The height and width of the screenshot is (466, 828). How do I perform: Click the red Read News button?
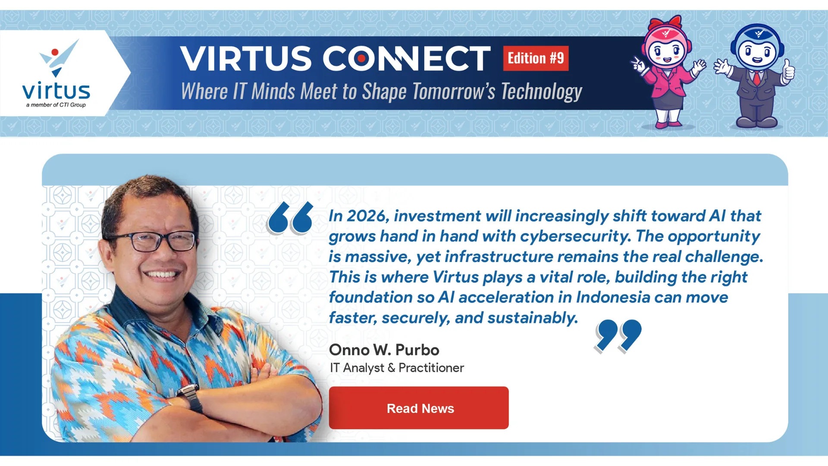click(419, 408)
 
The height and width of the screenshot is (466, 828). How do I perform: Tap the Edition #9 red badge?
click(536, 58)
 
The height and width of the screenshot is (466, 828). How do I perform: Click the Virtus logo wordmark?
click(56, 91)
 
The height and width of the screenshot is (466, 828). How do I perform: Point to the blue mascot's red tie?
click(757, 78)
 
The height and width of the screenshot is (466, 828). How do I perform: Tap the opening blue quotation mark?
click(290, 218)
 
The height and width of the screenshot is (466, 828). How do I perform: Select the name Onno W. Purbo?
click(384, 350)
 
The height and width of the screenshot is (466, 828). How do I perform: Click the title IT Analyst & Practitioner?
click(397, 368)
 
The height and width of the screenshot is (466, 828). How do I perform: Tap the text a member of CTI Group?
click(56, 105)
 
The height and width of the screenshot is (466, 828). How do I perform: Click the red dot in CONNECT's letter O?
click(361, 58)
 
